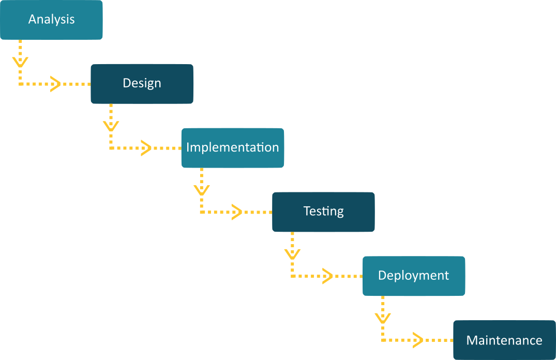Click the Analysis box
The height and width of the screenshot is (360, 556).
(51, 20)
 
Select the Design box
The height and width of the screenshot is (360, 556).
(142, 84)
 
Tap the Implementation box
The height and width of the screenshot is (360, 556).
(233, 148)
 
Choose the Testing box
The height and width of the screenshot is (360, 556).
(323, 212)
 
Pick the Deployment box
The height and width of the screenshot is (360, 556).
(414, 276)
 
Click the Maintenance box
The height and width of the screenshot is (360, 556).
(504, 340)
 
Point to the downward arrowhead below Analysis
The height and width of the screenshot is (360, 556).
(20, 62)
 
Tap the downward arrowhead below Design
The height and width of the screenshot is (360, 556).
(111, 126)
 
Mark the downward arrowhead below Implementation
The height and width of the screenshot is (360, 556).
(201, 190)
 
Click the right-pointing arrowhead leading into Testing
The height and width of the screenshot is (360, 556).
(237, 212)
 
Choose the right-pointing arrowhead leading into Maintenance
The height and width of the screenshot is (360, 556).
(418, 340)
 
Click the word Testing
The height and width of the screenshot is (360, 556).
(323, 212)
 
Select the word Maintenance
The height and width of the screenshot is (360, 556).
(504, 340)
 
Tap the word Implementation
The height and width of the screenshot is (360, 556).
(233, 147)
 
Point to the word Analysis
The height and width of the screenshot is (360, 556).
(51, 20)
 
